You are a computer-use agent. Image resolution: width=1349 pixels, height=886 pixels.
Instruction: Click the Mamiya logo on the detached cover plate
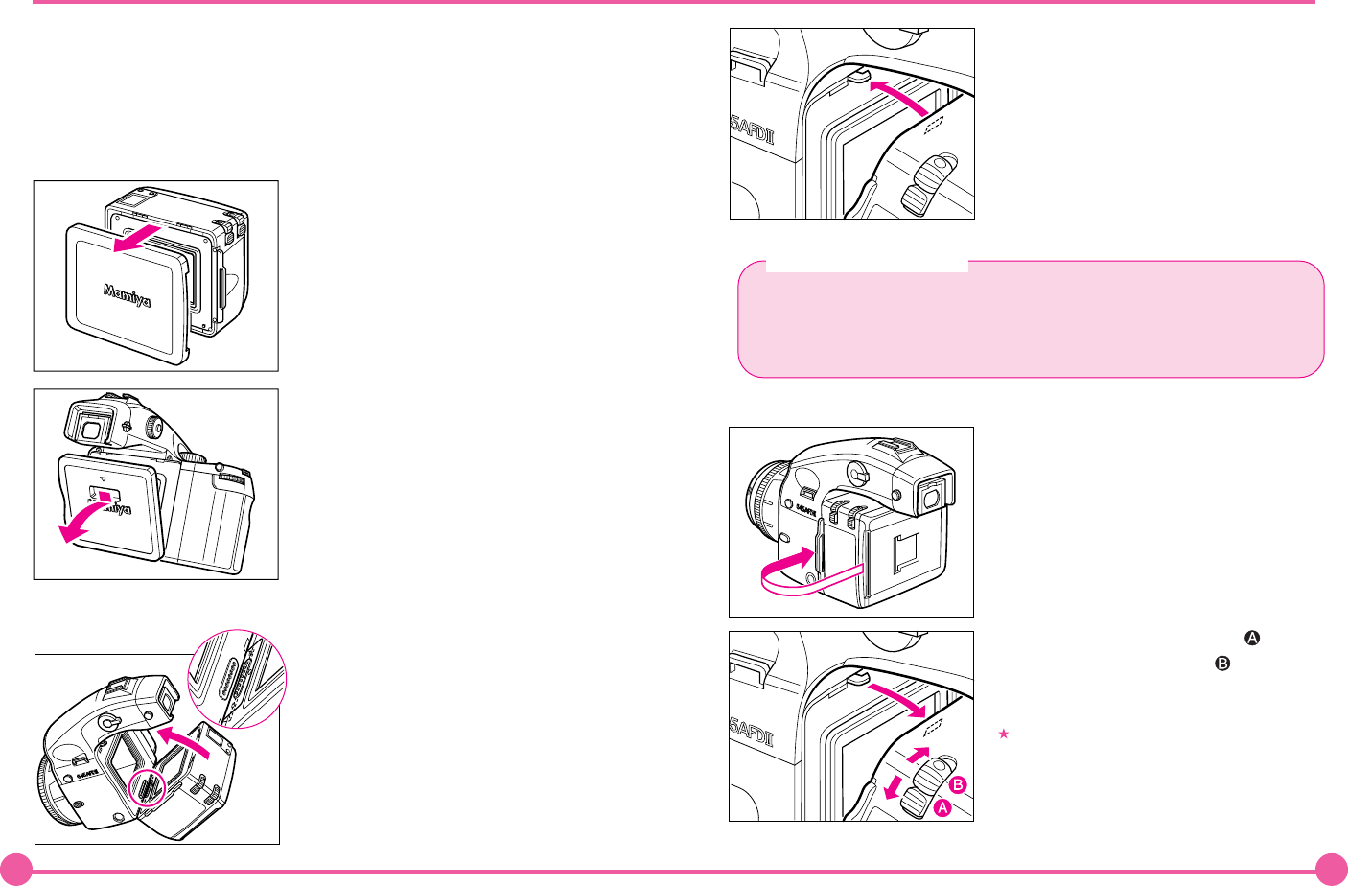[128, 294]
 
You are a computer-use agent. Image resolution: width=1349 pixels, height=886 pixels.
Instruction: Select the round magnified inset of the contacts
[236, 679]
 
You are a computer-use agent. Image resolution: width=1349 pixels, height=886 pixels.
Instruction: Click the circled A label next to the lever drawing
[942, 808]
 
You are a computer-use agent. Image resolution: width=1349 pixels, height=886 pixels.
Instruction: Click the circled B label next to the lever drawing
[957, 785]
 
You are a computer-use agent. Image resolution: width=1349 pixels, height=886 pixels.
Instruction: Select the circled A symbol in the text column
[1250, 638]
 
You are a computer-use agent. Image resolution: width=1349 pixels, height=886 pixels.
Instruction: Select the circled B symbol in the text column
[1222, 663]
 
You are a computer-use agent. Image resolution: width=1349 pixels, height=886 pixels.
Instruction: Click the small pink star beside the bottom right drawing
[1004, 734]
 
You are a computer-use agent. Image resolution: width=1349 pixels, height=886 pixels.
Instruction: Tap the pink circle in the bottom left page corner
[16, 869]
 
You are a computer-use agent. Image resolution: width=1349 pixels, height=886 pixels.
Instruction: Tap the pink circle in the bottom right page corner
[1331, 869]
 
